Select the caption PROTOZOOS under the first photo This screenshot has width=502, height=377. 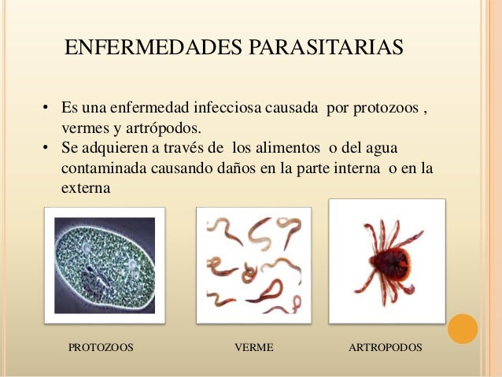pyautogui.click(x=101, y=347)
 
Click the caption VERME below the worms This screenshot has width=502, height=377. pyautogui.click(x=254, y=347)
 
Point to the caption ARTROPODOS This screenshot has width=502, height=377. pyautogui.click(x=385, y=347)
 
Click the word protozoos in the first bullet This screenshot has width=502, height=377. pyautogui.click(x=386, y=108)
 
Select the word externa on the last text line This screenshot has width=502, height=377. pyautogui.click(x=86, y=189)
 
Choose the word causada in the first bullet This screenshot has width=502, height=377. pyautogui.click(x=290, y=108)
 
